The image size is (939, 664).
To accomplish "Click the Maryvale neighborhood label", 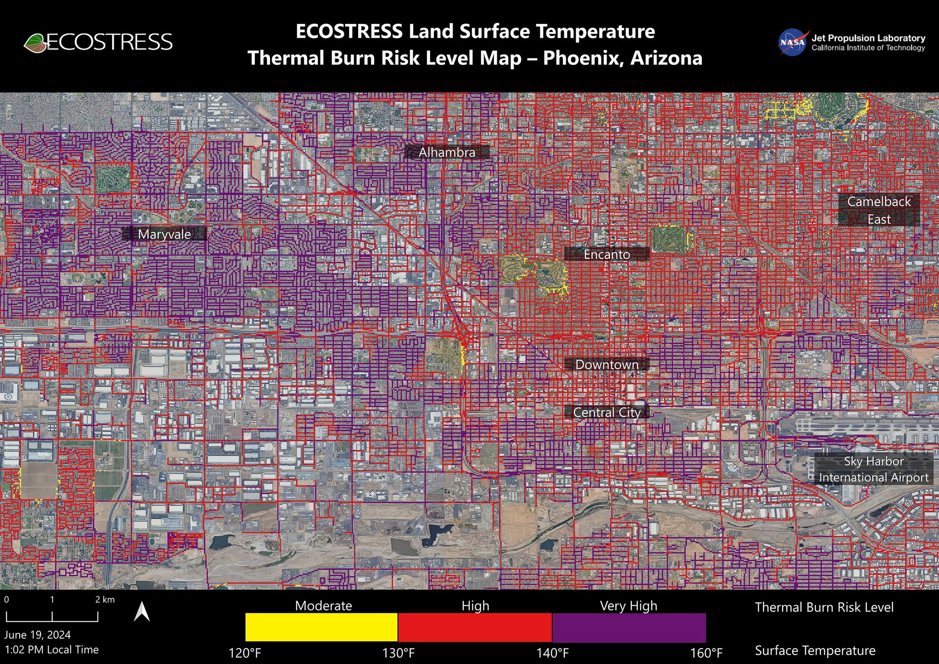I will pos(164,234).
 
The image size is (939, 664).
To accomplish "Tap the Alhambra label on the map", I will pos(446,152).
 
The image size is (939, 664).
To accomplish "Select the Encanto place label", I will pos(607,254).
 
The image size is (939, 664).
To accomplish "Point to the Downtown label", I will pos(607,364).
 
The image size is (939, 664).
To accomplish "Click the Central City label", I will pos(607,412).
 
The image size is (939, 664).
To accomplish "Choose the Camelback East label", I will pos(878,210).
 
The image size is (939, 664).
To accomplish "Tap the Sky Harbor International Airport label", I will pos(873,469).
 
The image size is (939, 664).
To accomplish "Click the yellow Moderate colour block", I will pos(321,627).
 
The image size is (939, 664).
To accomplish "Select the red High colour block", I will pos(475,627).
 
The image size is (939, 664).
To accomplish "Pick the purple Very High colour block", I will pos(629,627).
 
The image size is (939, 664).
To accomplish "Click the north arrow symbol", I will pos(142,612).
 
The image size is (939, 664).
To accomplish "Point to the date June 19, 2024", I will pos(38,635).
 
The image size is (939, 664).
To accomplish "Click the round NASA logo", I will pos(792,42).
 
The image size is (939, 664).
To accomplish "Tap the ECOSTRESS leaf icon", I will pos(35,43).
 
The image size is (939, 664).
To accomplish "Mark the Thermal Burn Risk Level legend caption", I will pos(824,607).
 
